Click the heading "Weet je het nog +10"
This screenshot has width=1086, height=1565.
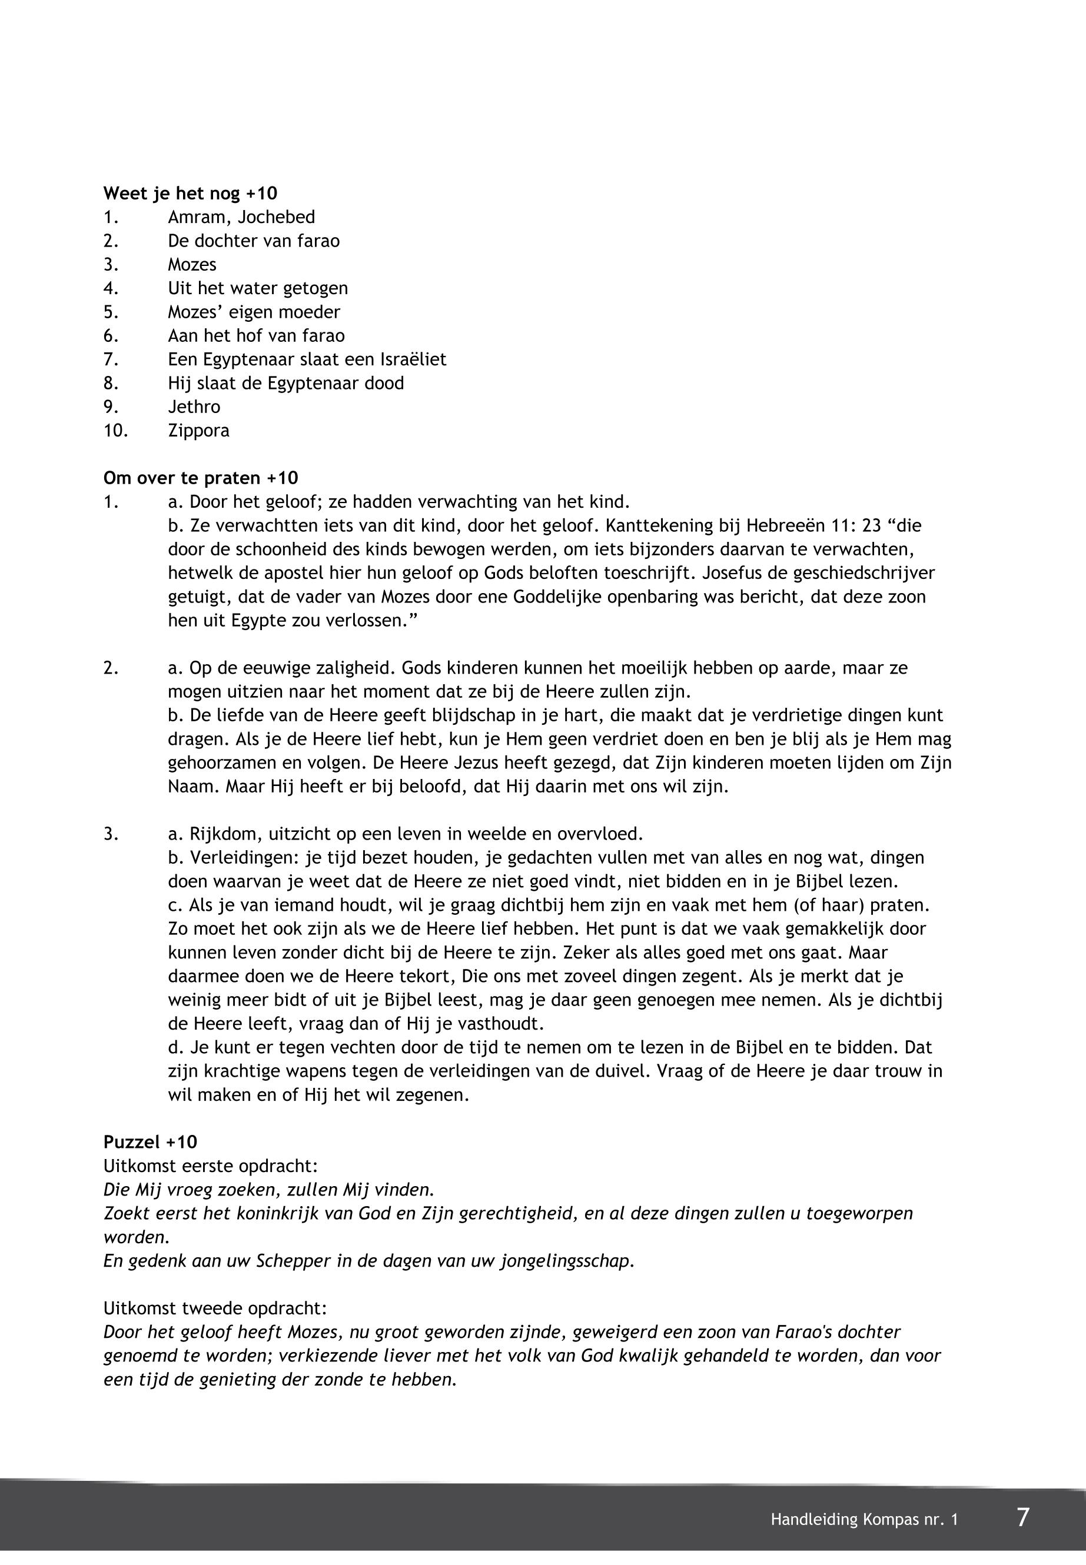pos(190,194)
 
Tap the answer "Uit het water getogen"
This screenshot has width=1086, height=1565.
pos(258,288)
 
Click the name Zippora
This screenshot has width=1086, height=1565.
pos(199,431)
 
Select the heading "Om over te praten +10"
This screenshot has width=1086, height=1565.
pos(200,478)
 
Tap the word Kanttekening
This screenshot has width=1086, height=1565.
pos(672,526)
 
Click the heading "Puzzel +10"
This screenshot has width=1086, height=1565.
pos(150,1142)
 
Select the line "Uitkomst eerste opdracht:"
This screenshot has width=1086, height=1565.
pos(210,1166)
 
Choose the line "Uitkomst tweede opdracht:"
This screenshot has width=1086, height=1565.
pos(214,1308)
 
